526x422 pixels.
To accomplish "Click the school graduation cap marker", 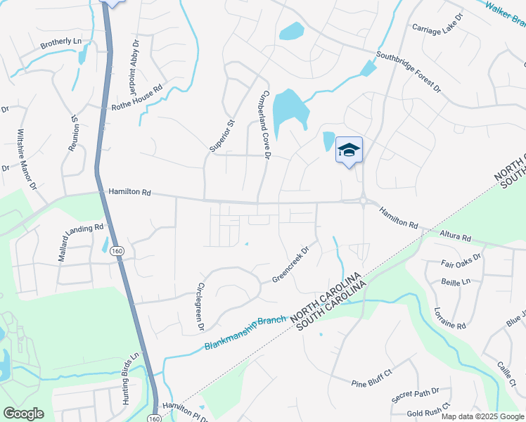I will (x=349, y=151).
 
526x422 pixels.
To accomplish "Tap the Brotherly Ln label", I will (x=61, y=42).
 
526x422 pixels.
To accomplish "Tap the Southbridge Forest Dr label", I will (x=408, y=72).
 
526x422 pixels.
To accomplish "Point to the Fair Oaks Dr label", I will (x=461, y=262).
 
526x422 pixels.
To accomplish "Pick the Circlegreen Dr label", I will (x=200, y=307).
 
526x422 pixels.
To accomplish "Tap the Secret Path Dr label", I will (x=416, y=395).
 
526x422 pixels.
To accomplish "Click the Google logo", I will (x=24, y=414).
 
